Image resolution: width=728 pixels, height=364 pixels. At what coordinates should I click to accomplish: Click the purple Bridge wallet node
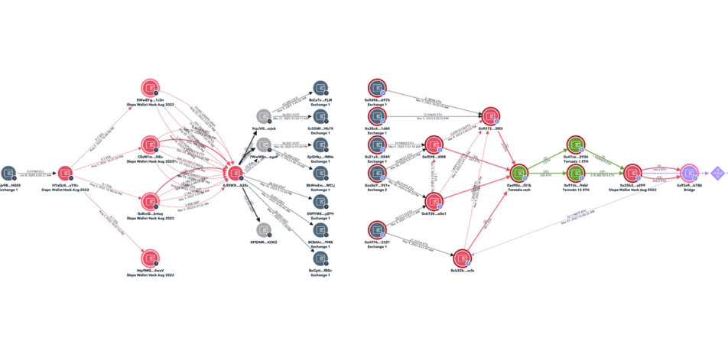point(689,172)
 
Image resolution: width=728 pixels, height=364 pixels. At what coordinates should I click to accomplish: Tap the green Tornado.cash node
point(520,172)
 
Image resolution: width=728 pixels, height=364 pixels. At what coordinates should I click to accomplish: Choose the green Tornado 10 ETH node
point(575,173)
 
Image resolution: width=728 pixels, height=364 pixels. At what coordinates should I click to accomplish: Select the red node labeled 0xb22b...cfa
point(461,258)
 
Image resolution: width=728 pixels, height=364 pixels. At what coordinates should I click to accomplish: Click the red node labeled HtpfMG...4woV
point(150,257)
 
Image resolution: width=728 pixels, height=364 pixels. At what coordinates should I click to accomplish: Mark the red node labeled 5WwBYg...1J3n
point(150,88)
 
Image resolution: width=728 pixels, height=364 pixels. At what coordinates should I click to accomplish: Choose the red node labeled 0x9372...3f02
point(488,115)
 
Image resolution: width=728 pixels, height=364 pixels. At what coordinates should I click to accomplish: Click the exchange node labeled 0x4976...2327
point(377,229)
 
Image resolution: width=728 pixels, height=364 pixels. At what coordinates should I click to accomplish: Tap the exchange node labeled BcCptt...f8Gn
point(319,258)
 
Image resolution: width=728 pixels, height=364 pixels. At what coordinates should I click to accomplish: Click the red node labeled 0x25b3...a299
point(632,172)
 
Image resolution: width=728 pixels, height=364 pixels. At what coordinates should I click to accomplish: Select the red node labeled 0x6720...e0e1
point(434,201)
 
